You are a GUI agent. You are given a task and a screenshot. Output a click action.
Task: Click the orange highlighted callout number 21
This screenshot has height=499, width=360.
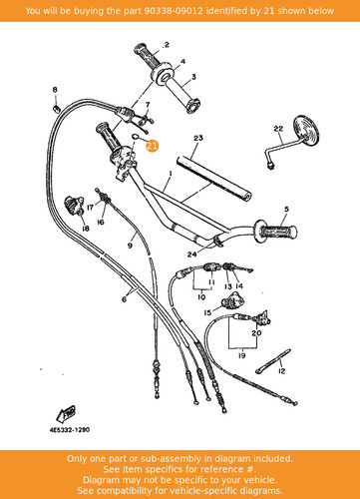tap(153, 146)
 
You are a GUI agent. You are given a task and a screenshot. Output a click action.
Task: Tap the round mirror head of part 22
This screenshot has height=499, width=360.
tap(306, 131)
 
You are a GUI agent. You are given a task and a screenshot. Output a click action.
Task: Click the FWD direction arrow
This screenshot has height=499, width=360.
tap(66, 413)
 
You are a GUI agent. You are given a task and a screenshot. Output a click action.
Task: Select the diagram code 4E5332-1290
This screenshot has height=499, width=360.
tap(70, 430)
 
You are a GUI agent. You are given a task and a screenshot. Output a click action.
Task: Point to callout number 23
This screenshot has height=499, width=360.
tap(198, 138)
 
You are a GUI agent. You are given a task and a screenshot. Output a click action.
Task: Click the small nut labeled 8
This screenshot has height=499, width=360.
tap(56, 108)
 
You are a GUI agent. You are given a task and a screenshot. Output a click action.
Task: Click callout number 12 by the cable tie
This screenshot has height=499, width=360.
tap(281, 371)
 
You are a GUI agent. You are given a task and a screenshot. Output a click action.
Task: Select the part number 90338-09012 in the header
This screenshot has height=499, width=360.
tap(174, 11)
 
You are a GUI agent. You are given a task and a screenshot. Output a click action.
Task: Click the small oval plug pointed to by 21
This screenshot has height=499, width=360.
tap(136, 136)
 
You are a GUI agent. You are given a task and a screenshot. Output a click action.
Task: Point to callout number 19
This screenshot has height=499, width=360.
tap(242, 355)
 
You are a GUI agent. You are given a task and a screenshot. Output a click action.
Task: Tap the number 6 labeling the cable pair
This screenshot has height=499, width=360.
tap(124, 299)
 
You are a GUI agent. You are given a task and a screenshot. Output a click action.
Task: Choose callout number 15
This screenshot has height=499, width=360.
tap(207, 312)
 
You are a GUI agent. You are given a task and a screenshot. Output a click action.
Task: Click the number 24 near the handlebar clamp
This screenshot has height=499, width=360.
tap(191, 254)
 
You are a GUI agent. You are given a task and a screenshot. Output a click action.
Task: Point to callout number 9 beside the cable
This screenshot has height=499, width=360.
tap(130, 246)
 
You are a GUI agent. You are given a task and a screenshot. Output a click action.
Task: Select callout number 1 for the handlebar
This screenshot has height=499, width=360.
tap(171, 174)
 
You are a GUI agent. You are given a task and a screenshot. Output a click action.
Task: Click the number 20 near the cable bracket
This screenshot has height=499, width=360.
tap(256, 333)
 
